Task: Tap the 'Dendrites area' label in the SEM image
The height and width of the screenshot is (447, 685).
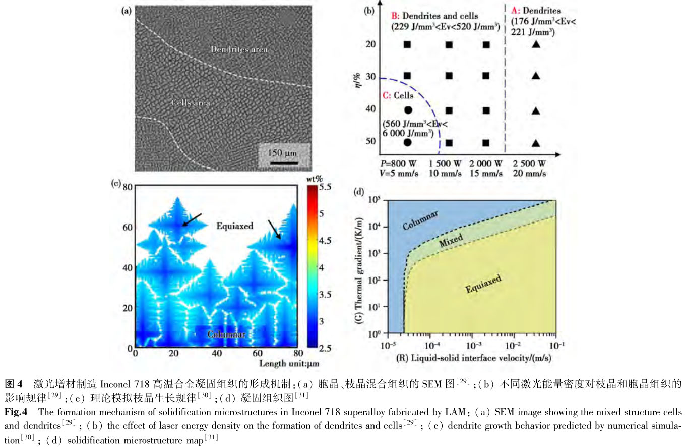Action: coord(239,49)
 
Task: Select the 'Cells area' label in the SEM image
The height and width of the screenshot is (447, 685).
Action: coord(191,103)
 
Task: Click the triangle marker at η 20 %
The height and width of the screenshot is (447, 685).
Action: coord(536,44)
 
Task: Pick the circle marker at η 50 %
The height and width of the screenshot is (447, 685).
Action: coord(408,142)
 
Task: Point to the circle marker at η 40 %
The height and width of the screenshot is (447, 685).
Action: coord(408,109)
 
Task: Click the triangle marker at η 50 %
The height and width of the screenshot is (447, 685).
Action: coord(536,142)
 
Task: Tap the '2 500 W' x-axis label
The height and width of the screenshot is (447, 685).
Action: coord(529,164)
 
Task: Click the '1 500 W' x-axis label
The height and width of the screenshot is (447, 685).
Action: coord(446,164)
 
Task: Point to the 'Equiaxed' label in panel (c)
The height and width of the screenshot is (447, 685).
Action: coord(234,226)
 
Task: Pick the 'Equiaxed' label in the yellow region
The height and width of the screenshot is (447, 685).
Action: coord(483,284)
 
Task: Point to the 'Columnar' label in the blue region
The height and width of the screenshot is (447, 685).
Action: coord(420,220)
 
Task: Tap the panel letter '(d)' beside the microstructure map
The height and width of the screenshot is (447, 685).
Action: coord(360,192)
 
